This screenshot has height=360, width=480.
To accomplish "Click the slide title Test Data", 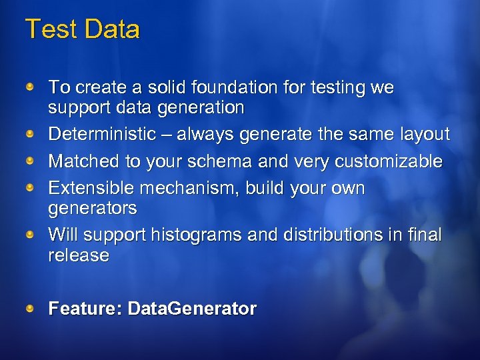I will point(83,30).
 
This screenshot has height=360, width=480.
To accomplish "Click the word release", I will point(79,255).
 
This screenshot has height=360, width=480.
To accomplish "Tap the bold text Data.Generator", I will point(192,309).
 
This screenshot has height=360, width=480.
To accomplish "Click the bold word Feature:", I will point(85,309).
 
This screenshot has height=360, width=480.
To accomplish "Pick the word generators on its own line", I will point(93,209).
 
